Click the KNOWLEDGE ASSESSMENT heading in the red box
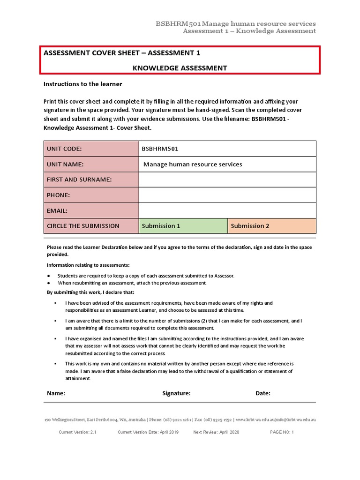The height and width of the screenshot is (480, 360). (x=180, y=68)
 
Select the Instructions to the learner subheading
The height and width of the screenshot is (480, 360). (x=83, y=84)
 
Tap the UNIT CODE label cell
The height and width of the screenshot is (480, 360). (x=91, y=149)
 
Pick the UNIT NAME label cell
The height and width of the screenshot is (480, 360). (x=91, y=164)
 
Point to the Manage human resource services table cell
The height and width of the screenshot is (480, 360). (x=193, y=164)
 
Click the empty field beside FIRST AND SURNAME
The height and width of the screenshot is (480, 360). (x=227, y=180)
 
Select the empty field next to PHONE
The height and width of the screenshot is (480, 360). (x=227, y=195)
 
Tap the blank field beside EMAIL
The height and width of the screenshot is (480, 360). (x=227, y=210)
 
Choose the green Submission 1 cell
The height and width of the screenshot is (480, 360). (x=183, y=226)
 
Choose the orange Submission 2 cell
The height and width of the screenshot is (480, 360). (x=272, y=226)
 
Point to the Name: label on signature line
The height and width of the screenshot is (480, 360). (x=56, y=393)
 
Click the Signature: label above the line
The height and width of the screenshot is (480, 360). (x=176, y=393)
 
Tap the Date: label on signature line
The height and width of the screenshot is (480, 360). (x=263, y=393)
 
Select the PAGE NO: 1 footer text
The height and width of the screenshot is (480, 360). (x=282, y=432)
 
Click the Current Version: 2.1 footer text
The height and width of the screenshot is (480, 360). (x=77, y=432)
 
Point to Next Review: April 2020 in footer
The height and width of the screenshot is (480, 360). (x=216, y=432)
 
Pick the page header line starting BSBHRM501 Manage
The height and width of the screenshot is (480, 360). (x=235, y=23)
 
